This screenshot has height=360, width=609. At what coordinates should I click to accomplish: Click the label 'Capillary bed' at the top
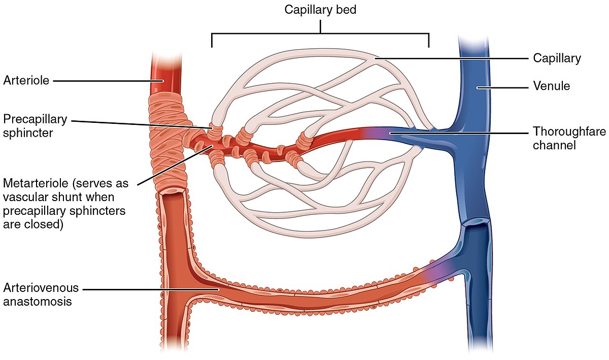tap(320, 10)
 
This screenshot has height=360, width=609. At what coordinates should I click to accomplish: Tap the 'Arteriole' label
tap(26, 80)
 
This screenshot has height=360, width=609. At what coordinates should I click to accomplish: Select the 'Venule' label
tap(552, 86)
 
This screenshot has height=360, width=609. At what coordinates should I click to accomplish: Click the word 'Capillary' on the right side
tap(557, 58)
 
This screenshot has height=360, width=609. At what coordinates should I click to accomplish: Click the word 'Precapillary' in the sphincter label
tap(35, 119)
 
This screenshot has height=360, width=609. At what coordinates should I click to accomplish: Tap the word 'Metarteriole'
tap(35, 182)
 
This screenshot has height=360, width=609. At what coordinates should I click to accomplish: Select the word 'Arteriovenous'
tap(41, 288)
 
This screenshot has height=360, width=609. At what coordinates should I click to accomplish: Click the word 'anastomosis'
tap(38, 301)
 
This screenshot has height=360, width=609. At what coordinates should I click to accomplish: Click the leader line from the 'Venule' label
tap(502, 87)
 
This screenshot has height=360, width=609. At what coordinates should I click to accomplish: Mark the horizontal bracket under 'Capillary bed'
tap(320, 34)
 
